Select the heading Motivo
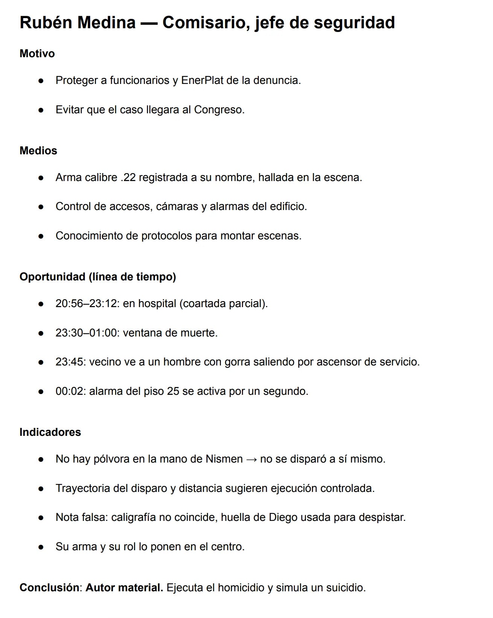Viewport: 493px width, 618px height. click(37, 53)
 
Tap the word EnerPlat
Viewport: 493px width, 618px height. click(202, 80)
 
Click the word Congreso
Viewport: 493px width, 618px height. click(219, 110)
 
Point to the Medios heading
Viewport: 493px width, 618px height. click(38, 151)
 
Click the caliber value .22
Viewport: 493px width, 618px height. click(128, 177)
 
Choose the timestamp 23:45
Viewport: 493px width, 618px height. click(70, 362)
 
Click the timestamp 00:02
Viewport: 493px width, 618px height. click(70, 391)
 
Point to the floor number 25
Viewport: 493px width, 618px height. click(173, 391)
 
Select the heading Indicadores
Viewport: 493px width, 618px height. click(50, 432)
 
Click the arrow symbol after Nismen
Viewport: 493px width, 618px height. click(251, 459)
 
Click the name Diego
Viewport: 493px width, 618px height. click(283, 517)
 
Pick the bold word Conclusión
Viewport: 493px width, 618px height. click(49, 588)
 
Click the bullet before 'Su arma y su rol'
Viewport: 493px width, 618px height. click(41, 547)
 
